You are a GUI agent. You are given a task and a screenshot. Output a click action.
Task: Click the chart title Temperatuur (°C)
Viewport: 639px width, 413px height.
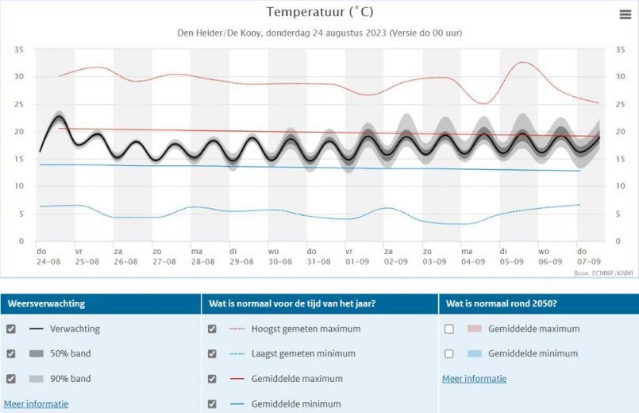319,12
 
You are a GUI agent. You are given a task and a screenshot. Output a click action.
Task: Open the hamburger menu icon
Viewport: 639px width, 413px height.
625,14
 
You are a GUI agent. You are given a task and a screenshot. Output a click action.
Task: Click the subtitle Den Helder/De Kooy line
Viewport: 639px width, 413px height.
319,33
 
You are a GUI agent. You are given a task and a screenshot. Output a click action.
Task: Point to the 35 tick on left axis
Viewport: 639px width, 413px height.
19,49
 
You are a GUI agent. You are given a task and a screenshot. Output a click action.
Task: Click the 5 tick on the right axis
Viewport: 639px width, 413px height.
618,214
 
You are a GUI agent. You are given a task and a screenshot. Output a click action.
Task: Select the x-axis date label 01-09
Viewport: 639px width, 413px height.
356,261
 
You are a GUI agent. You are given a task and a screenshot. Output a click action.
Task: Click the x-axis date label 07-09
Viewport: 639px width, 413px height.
589,261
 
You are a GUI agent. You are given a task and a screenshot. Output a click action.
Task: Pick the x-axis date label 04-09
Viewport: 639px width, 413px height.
473,261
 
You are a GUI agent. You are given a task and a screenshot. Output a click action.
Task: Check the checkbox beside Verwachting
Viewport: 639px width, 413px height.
10,329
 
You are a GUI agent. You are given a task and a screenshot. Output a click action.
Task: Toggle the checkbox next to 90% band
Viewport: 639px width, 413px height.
10,379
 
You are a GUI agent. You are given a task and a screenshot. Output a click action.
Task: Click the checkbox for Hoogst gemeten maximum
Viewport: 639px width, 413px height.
212,329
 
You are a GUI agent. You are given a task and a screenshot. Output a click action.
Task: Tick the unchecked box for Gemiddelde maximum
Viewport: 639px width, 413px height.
449,329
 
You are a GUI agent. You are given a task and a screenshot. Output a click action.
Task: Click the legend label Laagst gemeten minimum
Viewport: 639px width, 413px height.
303,353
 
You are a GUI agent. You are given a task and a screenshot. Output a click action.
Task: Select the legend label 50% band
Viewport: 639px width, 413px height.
70,353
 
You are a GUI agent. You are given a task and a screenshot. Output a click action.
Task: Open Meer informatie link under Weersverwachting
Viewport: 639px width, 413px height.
36,403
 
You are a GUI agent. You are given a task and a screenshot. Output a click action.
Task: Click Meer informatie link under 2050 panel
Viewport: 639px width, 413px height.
474,379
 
